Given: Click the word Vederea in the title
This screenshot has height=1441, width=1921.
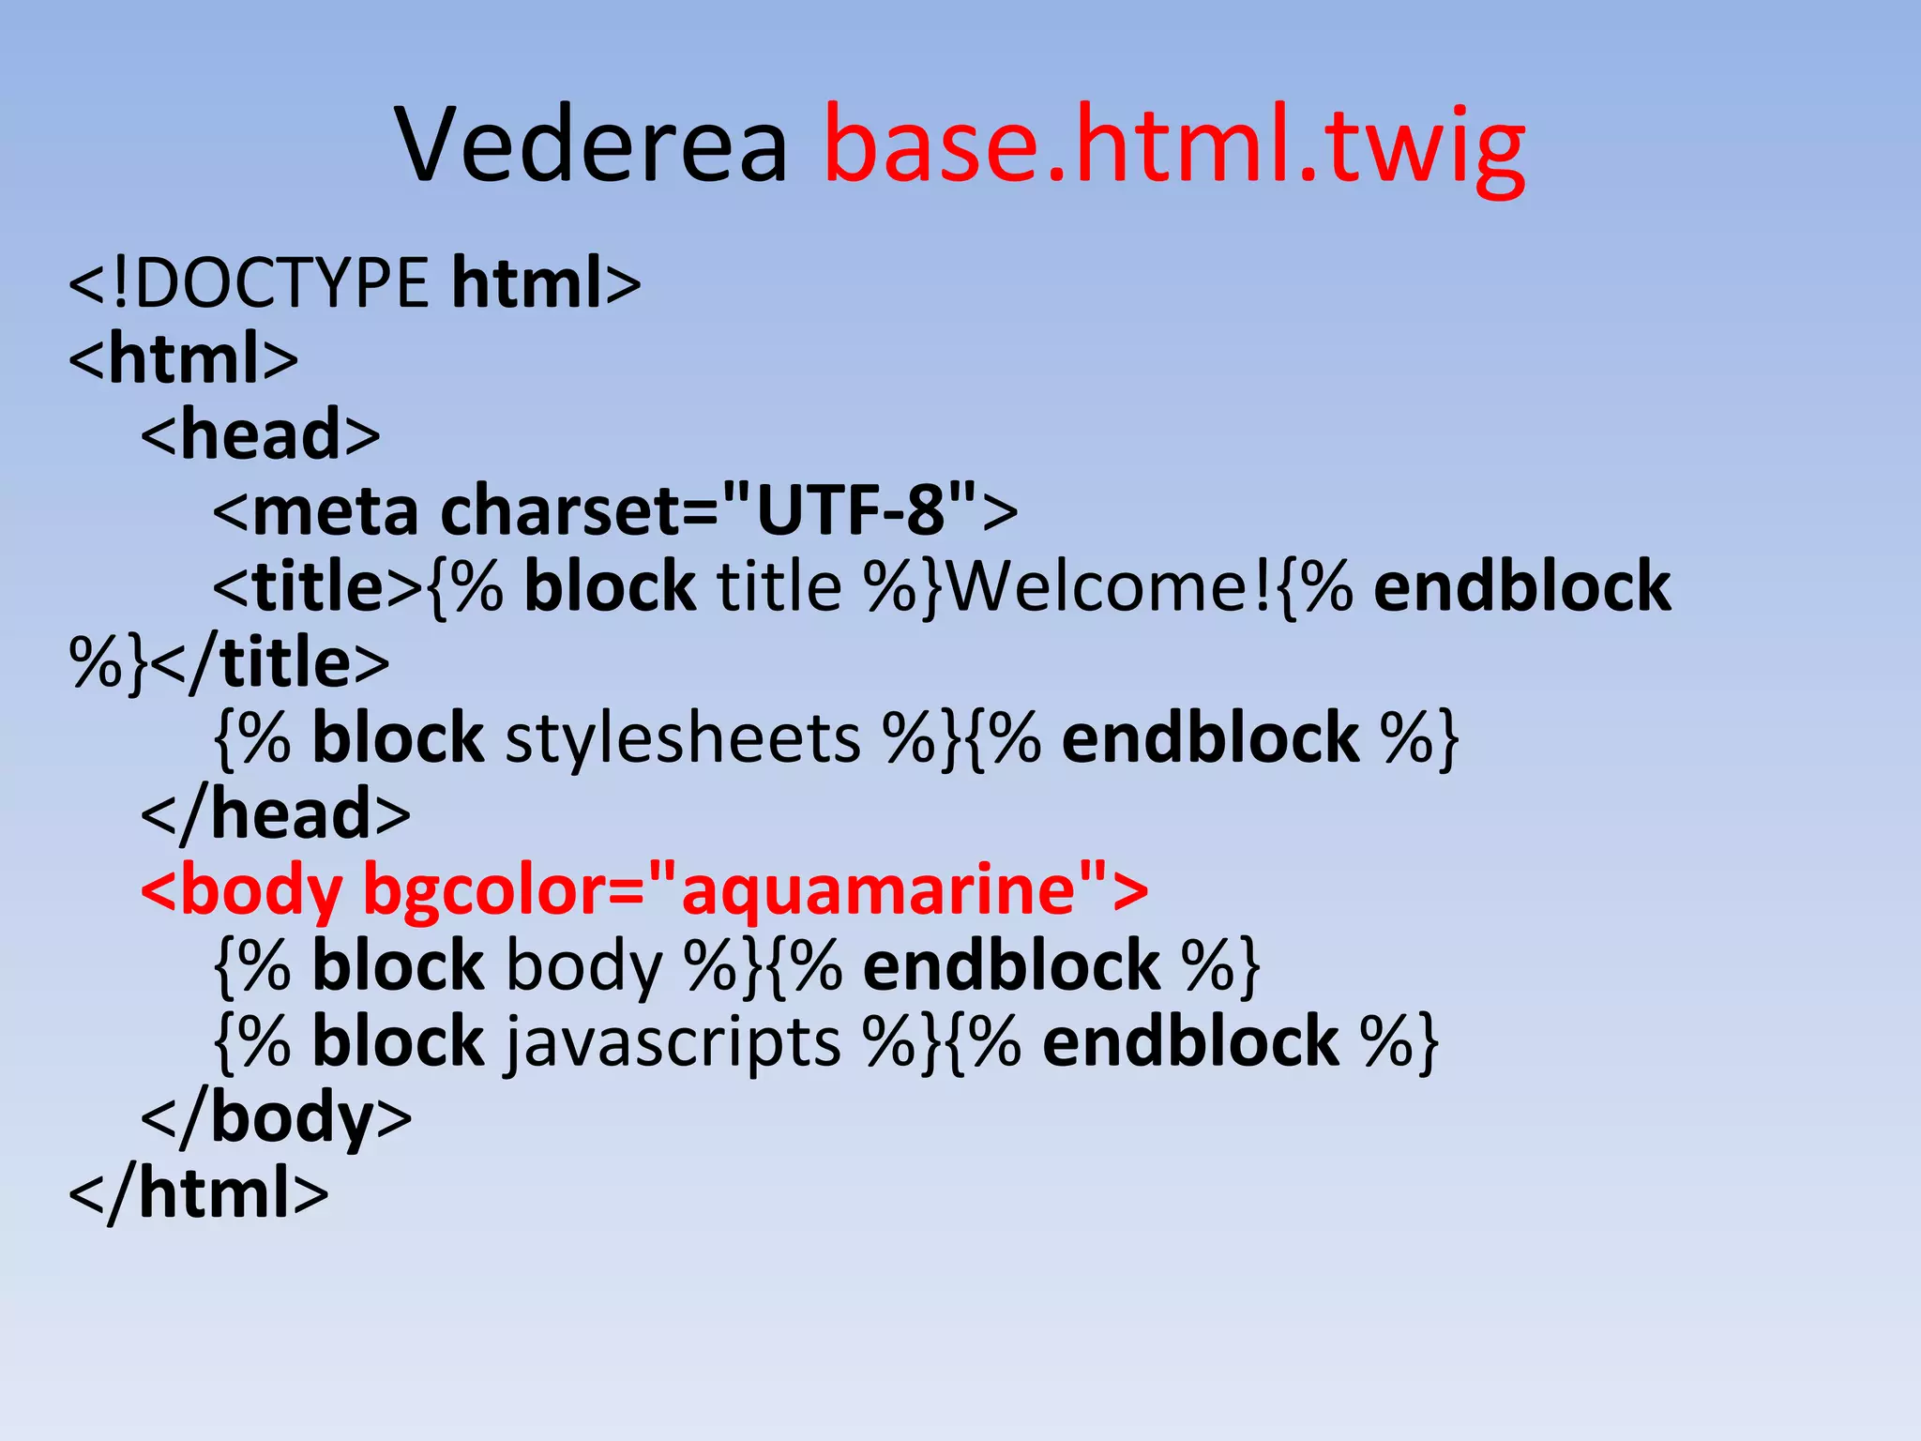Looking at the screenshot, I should point(592,145).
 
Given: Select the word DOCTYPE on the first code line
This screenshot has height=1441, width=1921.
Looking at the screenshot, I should point(282,282).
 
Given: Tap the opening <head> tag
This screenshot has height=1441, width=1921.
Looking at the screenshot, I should point(261,434).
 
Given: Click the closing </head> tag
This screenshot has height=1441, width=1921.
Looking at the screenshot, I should point(276,813).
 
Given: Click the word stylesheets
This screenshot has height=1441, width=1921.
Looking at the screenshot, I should point(683,738).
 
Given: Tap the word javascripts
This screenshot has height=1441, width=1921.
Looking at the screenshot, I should point(673,1042).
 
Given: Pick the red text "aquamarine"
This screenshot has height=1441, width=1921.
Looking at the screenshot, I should point(877,888).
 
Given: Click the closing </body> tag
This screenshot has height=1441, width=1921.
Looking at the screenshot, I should point(276,1117).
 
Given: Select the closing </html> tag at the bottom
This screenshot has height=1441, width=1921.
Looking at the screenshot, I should point(199,1193).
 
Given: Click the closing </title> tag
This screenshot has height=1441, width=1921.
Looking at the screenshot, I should point(269,662).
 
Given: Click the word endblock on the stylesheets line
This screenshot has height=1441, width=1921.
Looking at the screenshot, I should point(1210,738).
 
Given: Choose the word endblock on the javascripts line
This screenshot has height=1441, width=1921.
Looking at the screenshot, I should point(1190,1042).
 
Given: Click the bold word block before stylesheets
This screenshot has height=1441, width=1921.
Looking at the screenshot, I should point(398,738).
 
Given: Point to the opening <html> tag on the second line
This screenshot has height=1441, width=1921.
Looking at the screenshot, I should point(184,358).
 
